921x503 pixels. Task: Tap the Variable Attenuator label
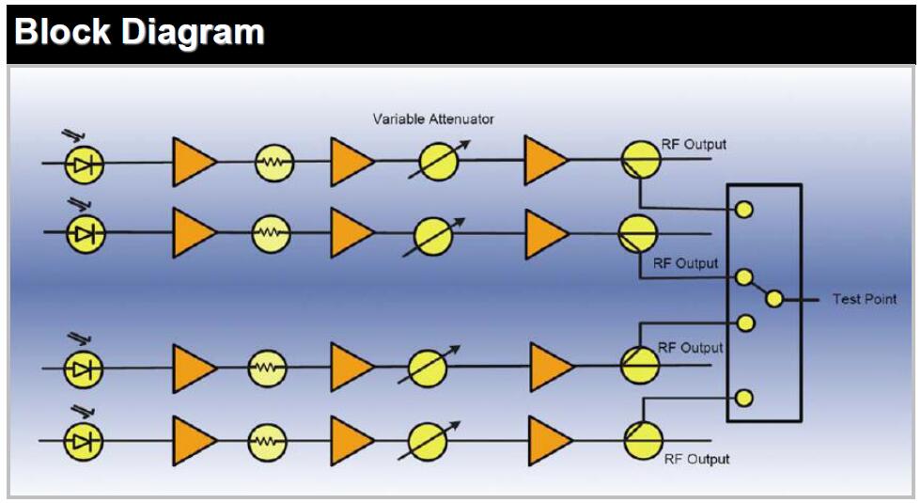pyautogui.click(x=433, y=119)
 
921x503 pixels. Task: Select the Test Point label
pyautogui.click(x=864, y=299)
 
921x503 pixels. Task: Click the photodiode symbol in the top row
pyautogui.click(x=84, y=164)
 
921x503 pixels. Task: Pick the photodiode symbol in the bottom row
pyautogui.click(x=84, y=439)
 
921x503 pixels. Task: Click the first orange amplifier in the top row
pyautogui.click(x=194, y=162)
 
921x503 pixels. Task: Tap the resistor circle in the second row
pyautogui.click(x=271, y=230)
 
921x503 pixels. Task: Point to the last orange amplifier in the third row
pyautogui.click(x=551, y=367)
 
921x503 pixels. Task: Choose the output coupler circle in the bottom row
pyautogui.click(x=643, y=439)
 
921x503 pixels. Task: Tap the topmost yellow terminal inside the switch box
pyautogui.click(x=744, y=210)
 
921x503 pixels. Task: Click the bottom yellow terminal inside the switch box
pyautogui.click(x=744, y=398)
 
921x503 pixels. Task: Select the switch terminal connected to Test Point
pyautogui.click(x=774, y=299)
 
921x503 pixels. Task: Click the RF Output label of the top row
pyautogui.click(x=692, y=145)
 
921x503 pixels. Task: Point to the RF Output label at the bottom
pyautogui.click(x=696, y=459)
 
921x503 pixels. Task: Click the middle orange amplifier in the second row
pyautogui.click(x=351, y=231)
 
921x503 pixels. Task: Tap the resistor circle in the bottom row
pyautogui.click(x=268, y=439)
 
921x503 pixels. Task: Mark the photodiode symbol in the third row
pyautogui.click(x=84, y=368)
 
